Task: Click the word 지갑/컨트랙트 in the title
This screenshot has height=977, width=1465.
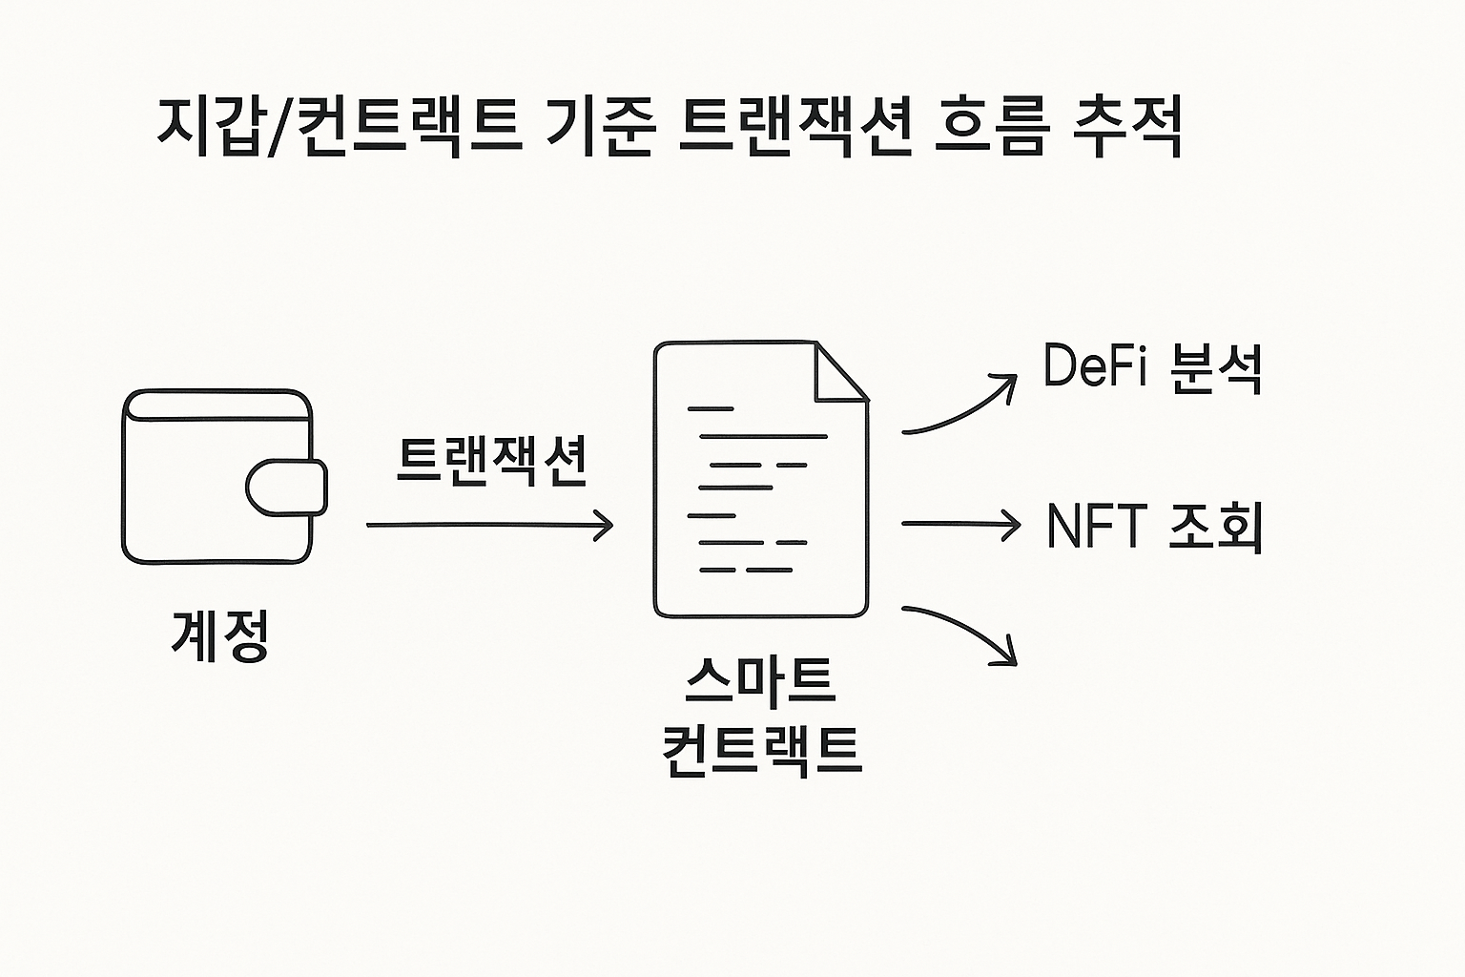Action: (339, 127)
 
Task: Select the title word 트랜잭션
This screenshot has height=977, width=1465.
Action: (794, 127)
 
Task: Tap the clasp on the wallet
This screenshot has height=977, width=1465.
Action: (286, 487)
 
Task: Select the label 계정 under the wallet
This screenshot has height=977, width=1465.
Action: (220, 634)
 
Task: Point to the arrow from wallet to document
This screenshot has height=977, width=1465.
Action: (489, 525)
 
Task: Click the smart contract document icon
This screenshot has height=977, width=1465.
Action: (760, 479)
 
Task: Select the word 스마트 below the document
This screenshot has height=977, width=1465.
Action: (760, 679)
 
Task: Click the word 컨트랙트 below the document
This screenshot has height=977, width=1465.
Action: (760, 749)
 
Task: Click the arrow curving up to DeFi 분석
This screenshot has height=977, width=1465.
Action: (959, 405)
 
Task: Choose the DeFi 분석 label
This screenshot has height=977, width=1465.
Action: (1152, 367)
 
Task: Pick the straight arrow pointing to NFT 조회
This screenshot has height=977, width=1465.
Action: (959, 523)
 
